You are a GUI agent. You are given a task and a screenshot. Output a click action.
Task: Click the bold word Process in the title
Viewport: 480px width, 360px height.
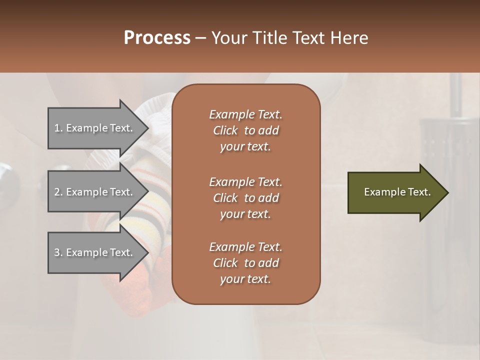(157, 38)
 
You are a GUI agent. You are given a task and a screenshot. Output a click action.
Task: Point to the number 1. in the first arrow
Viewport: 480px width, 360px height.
(58, 128)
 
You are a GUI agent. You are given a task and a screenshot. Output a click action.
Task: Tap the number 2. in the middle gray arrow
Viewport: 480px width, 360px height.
(58, 192)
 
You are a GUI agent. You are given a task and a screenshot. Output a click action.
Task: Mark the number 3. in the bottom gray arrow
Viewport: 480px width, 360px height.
(58, 252)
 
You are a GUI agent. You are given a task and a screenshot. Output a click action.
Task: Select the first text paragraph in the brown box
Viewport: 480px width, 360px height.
(245, 130)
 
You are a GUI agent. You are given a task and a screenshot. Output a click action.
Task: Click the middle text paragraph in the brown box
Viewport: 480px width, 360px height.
(245, 198)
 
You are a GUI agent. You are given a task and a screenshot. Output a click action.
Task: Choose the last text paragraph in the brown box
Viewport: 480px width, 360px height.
(245, 263)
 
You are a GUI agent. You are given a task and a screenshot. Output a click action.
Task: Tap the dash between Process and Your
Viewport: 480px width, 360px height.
(200, 38)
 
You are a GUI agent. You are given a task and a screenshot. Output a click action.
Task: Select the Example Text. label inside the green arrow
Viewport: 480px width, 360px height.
(397, 192)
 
